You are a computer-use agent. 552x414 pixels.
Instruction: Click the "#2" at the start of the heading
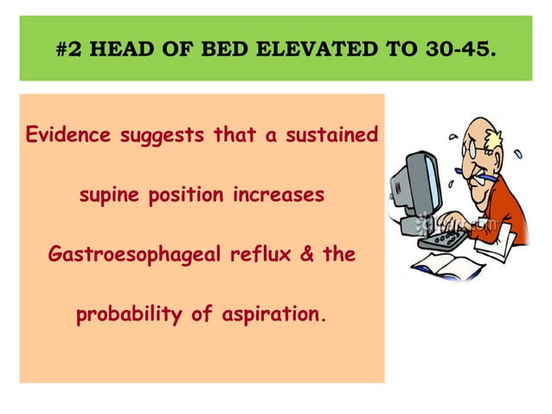(x=69, y=49)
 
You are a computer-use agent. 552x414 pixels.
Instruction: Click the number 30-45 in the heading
(x=462, y=49)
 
